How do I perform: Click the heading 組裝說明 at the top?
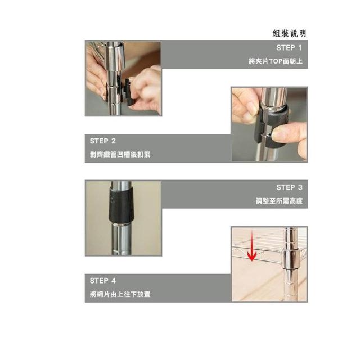289,34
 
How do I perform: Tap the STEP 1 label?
289,48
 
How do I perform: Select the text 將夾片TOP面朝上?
276,61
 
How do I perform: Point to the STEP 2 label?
102,141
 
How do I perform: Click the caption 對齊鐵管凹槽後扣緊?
120,155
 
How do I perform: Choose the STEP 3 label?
289,187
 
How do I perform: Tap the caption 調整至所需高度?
279,201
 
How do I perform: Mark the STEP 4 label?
102,281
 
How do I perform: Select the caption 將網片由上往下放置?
120,294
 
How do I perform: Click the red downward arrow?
252,247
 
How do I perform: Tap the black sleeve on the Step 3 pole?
121,205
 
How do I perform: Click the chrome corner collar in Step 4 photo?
290,260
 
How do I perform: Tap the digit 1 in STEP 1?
300,48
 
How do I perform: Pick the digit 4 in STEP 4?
114,281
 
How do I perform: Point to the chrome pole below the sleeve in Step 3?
121,238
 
